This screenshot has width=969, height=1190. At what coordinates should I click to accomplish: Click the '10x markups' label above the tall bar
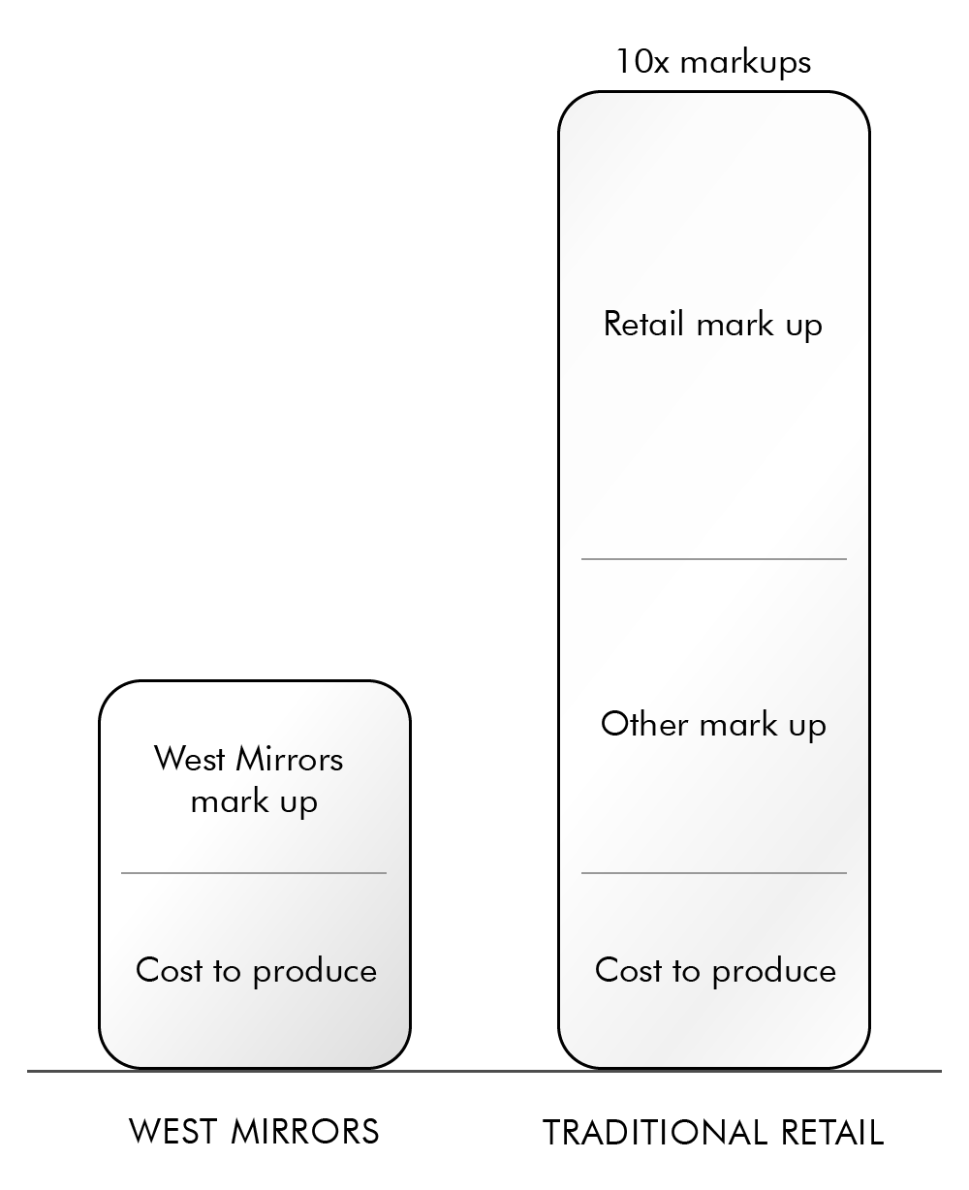[713, 62]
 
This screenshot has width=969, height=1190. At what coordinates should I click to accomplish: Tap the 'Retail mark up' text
[713, 324]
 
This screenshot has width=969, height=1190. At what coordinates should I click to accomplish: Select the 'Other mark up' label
[713, 725]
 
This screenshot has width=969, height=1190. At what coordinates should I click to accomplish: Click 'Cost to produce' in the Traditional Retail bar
[715, 971]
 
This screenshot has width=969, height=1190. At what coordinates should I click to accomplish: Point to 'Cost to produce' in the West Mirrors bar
[256, 971]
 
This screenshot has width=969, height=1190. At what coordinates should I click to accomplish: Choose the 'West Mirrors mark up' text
[250, 780]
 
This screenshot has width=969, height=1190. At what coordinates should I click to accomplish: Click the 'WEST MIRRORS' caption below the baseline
[254, 1131]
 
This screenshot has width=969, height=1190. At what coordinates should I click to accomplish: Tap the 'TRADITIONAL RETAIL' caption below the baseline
[713, 1132]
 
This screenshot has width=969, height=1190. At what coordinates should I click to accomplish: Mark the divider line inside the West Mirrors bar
[254, 873]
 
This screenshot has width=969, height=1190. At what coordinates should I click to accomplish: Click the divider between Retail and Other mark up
[714, 559]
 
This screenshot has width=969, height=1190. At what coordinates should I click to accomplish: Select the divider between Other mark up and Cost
[714, 873]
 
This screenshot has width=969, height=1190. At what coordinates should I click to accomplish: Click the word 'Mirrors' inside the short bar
[292, 758]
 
